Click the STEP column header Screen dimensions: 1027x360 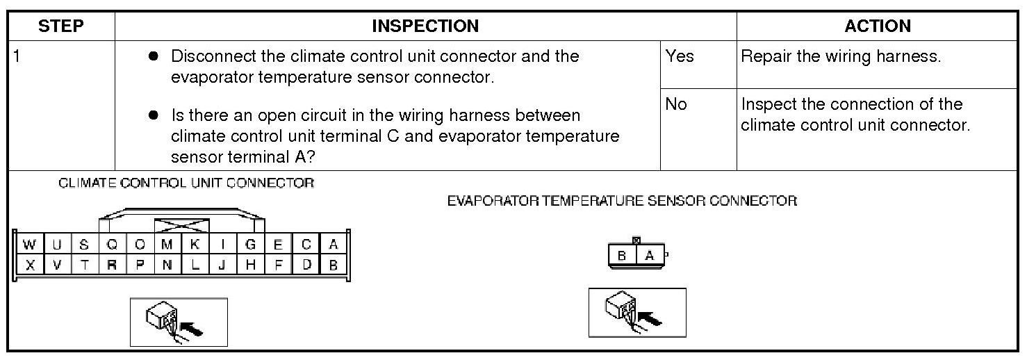point(61,26)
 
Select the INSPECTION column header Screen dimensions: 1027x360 point(425,26)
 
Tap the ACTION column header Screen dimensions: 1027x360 point(878,26)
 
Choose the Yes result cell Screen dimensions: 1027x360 point(680,56)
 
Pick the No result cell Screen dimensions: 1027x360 point(676,104)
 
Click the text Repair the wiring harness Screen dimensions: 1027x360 point(841,56)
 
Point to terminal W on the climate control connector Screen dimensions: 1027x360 point(29,245)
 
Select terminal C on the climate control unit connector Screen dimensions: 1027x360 point(306,245)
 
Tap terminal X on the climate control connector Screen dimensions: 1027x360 point(29,265)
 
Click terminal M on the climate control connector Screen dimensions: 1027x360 point(167,245)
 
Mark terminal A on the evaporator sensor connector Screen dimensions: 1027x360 point(650,256)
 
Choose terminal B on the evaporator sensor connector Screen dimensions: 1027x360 point(623,256)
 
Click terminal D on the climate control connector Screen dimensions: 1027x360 point(306,265)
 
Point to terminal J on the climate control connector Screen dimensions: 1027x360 point(223,265)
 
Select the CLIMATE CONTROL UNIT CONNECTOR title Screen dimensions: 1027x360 point(186,183)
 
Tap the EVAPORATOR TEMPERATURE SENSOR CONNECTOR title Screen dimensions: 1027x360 point(622,202)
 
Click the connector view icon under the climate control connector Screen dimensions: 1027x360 point(179,322)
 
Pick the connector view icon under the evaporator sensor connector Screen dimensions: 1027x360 point(637,312)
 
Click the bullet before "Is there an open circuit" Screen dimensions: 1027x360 point(154,115)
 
